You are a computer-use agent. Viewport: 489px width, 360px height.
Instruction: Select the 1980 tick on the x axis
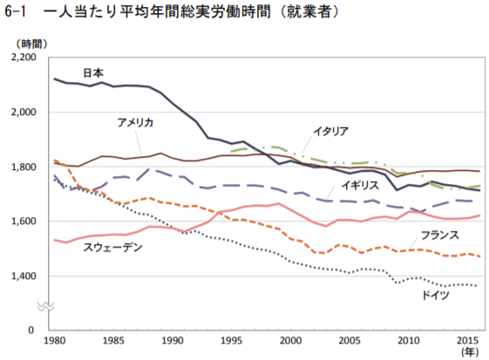(54, 342)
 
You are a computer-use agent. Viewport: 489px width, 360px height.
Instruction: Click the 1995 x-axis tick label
(232, 342)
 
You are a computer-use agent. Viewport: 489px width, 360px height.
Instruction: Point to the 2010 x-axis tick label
(410, 342)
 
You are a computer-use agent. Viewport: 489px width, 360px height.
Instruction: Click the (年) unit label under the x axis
(470, 353)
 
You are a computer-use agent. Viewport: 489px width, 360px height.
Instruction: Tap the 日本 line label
(93, 72)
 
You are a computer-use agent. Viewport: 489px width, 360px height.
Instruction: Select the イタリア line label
(331, 132)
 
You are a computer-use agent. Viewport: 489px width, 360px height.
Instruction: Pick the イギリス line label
(360, 186)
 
